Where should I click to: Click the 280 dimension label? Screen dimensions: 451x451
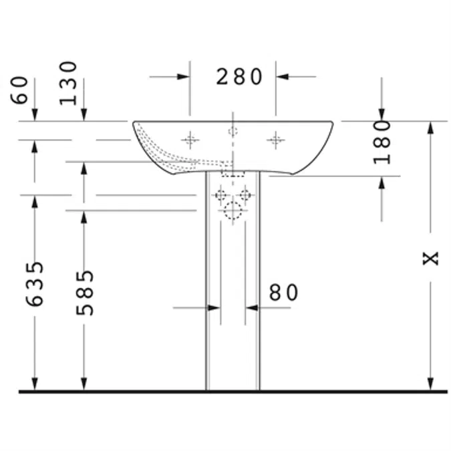[239, 77]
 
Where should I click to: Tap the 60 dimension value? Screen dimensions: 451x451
[19, 90]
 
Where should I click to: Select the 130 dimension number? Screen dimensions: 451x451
[68, 83]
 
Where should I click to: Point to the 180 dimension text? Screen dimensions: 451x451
[382, 142]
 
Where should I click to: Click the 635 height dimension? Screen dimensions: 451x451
[35, 284]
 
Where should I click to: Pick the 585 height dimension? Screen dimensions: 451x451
[85, 293]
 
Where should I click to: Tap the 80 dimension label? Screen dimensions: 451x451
[283, 293]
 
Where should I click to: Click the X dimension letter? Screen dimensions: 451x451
[430, 258]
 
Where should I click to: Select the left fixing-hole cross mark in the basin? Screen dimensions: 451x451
[190, 140]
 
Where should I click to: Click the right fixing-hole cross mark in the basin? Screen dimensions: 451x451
[275, 140]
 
